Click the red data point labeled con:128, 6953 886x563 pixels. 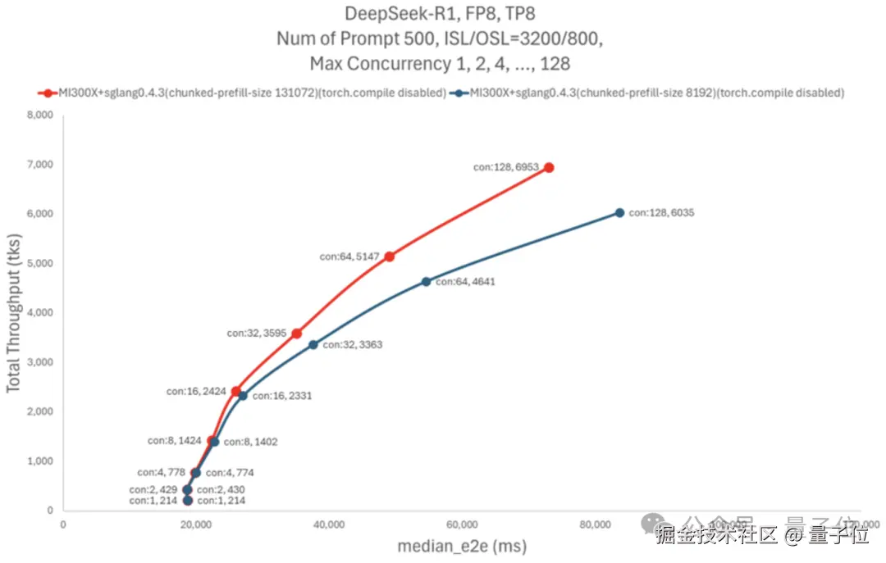coord(549,167)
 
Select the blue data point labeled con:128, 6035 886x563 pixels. coord(619,213)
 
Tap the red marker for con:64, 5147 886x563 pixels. coord(389,257)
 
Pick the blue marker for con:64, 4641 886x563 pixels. coord(426,282)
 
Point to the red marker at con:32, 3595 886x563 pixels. coord(296,334)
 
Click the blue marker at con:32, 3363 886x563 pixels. coord(313,345)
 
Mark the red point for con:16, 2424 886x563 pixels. coord(236,392)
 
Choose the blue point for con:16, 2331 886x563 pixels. coord(243,396)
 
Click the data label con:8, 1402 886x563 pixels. coord(250,442)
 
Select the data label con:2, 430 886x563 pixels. coord(221,490)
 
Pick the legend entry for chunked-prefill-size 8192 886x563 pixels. coord(648,93)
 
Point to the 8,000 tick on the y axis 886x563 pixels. coord(39,116)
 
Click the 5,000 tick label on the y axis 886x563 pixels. coord(39,264)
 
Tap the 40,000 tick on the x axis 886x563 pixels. coord(329,524)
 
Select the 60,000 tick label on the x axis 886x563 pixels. coord(462,524)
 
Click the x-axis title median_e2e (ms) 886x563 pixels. coord(462,546)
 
